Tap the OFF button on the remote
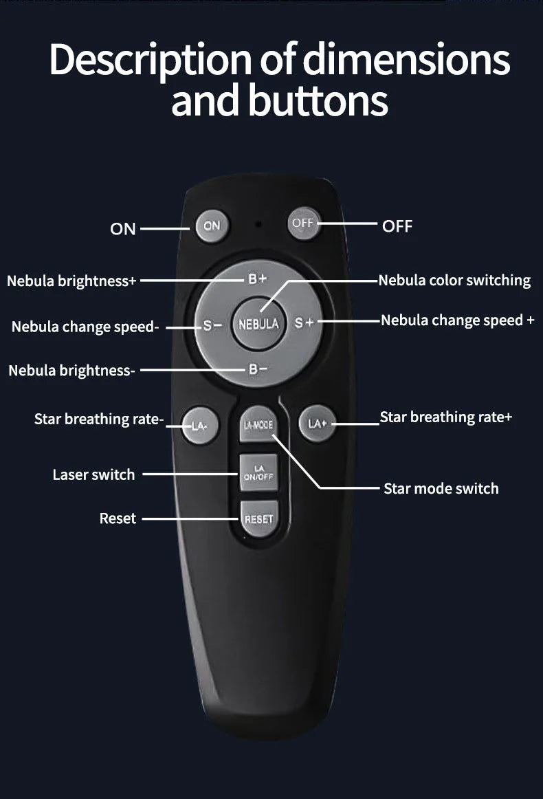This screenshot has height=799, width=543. tap(303, 223)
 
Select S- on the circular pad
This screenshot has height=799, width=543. tap(212, 325)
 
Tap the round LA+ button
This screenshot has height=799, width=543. tap(318, 424)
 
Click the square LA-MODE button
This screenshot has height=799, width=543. tap(258, 425)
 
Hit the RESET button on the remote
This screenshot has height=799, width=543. tap(258, 518)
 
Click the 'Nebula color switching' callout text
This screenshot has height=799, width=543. tap(454, 281)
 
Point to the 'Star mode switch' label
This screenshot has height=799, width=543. tap(441, 489)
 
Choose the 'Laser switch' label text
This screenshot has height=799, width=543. tap(93, 474)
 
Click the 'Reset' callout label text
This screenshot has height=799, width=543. tap(118, 518)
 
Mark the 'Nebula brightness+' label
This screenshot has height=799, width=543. tap(71, 281)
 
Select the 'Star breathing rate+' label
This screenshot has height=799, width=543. tap(445, 417)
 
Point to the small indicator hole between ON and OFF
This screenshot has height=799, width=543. tap(258, 224)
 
